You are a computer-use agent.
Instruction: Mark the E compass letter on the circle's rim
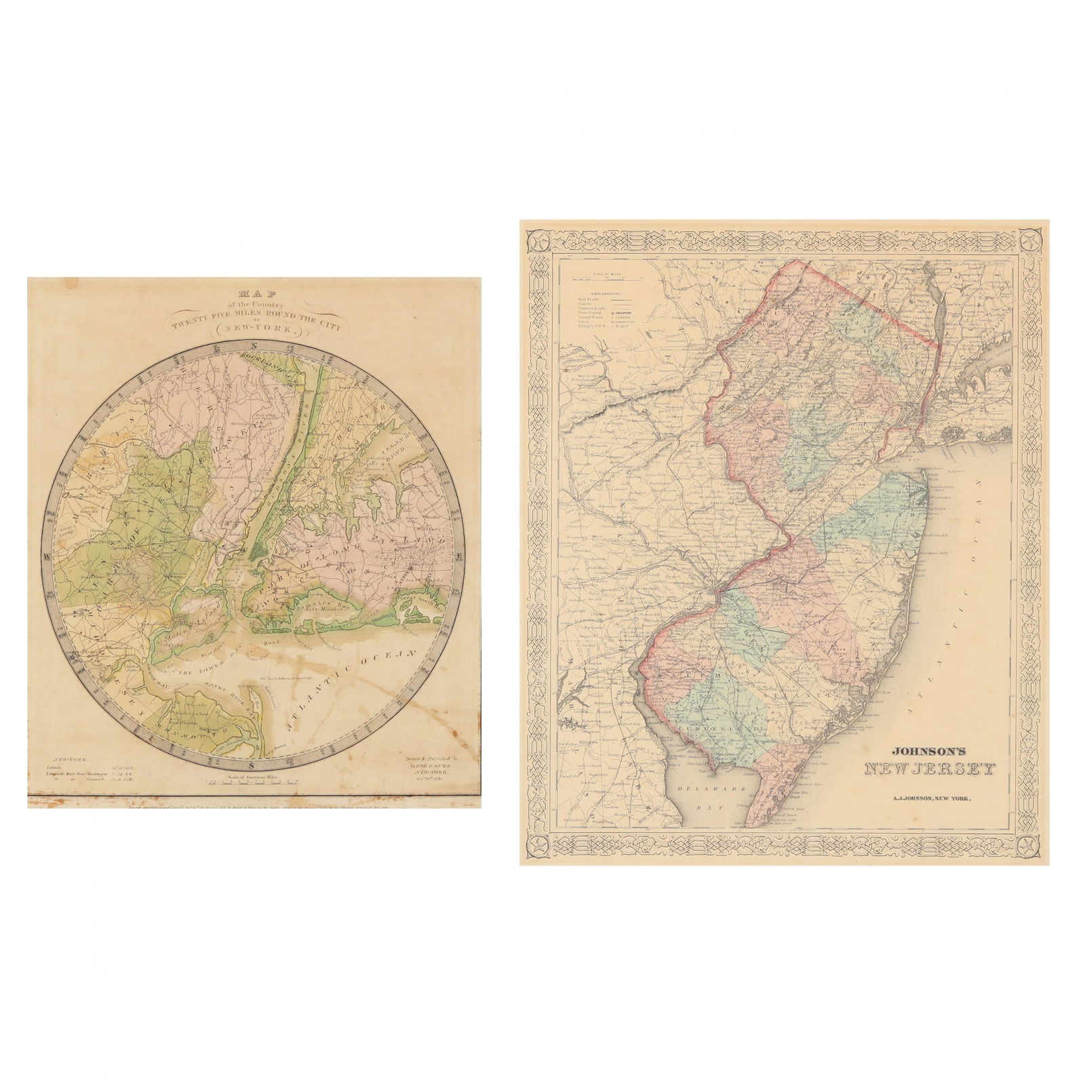coord(458,557)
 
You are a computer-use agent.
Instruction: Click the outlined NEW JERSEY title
coord(929,769)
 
